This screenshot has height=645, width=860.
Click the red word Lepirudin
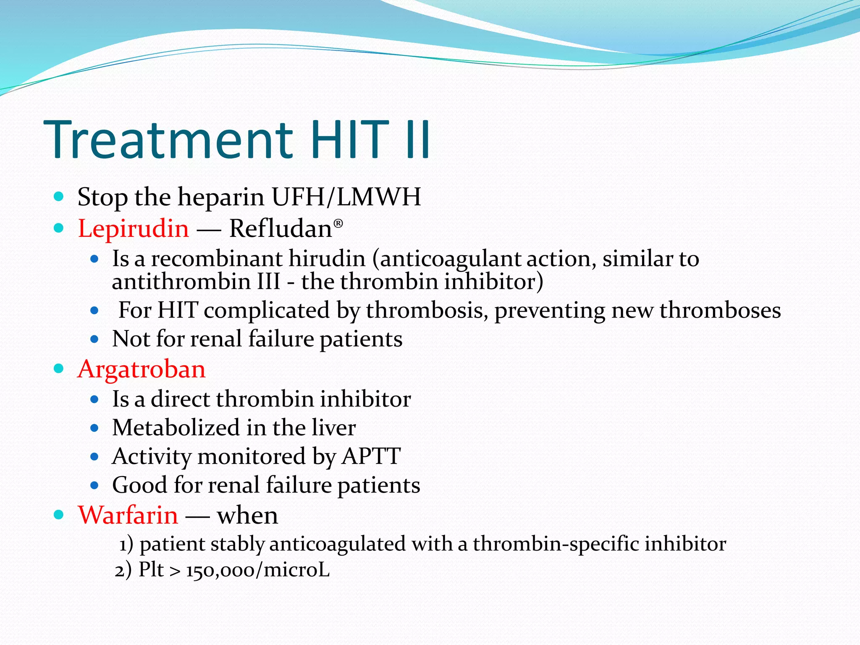[x=134, y=229]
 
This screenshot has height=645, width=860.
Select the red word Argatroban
[x=142, y=370]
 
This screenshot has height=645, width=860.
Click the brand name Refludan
[x=281, y=229]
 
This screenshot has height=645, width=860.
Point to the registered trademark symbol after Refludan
[x=338, y=223]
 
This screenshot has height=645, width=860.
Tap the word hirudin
[x=327, y=259]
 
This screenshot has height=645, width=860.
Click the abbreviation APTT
[x=371, y=456]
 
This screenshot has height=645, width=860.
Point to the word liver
[x=334, y=427]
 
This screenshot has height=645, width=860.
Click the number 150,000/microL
[x=258, y=570]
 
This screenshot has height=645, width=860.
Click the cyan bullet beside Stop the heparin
[x=59, y=196]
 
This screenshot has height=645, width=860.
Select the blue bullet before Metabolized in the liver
[x=94, y=428]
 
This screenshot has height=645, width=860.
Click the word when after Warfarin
[x=247, y=515]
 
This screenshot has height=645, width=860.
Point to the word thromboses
[x=720, y=310]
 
